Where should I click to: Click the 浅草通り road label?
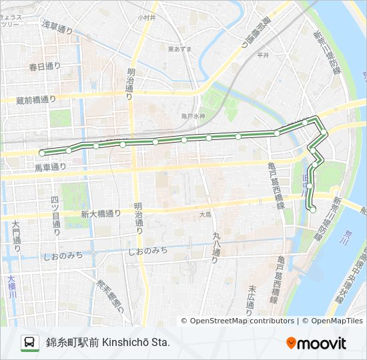tap(57, 27)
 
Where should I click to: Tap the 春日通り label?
tap(45, 66)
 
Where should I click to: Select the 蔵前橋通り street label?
tap(36, 100)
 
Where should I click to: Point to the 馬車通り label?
tap(50, 167)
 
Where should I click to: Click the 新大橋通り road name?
tap(101, 213)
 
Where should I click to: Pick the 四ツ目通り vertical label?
tap(56, 216)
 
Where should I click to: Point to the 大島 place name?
tap(204, 215)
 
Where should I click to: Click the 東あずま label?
tap(179, 49)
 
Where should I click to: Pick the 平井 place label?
tap(262, 57)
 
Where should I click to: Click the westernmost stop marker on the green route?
tap(42, 153)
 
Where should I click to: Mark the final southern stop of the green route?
tap(313, 209)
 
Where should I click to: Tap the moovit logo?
tap(316, 343)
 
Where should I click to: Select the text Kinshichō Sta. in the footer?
tap(136, 343)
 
